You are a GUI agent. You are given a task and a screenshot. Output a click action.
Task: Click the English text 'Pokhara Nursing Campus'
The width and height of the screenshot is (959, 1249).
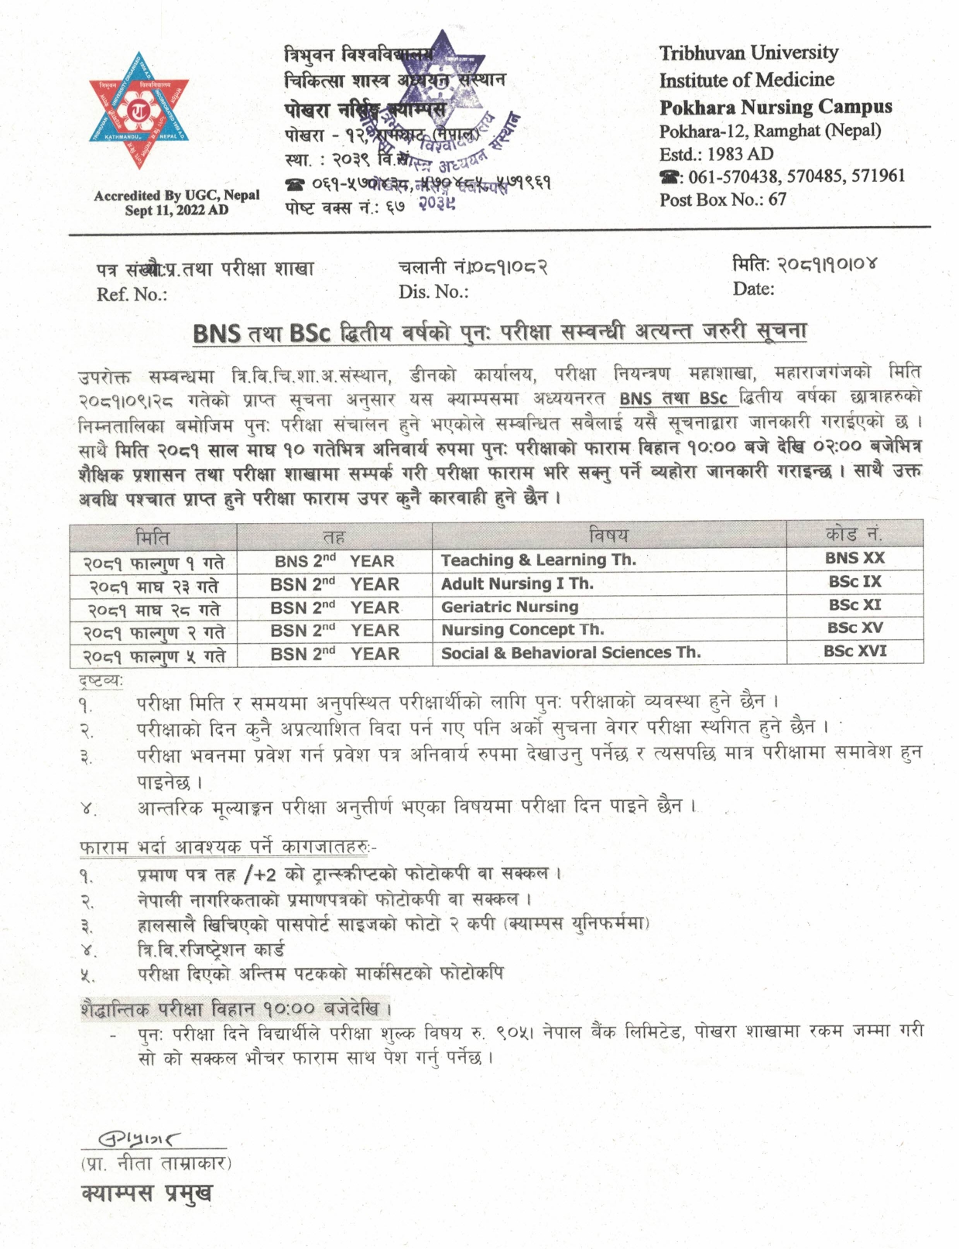coord(775,107)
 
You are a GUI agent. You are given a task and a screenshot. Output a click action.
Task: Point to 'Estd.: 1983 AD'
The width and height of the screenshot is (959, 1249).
coord(716,153)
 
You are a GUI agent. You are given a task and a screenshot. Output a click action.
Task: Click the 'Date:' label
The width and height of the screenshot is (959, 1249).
coord(753,289)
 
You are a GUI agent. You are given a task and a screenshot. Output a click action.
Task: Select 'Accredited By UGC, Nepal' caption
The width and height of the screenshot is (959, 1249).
coord(176,196)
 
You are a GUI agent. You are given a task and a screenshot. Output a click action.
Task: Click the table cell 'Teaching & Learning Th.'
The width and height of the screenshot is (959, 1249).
coord(538,559)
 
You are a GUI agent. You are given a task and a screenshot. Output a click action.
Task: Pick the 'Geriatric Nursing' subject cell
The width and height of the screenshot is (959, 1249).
coord(509,607)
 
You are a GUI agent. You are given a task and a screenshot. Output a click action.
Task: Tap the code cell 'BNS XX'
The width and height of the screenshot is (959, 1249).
coord(854,558)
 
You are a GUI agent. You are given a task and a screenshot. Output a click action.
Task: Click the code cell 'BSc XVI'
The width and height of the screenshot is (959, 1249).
coord(855,652)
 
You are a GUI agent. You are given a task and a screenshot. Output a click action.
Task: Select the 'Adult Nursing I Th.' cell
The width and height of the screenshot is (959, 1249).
coord(516,583)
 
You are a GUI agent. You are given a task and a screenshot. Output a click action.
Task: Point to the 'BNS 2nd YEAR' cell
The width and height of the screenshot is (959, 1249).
coord(334,560)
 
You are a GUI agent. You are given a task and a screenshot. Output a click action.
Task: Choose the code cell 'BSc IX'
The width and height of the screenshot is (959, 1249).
coord(855,582)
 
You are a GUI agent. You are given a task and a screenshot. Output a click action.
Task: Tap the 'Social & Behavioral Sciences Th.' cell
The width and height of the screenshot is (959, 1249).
coord(570,652)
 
